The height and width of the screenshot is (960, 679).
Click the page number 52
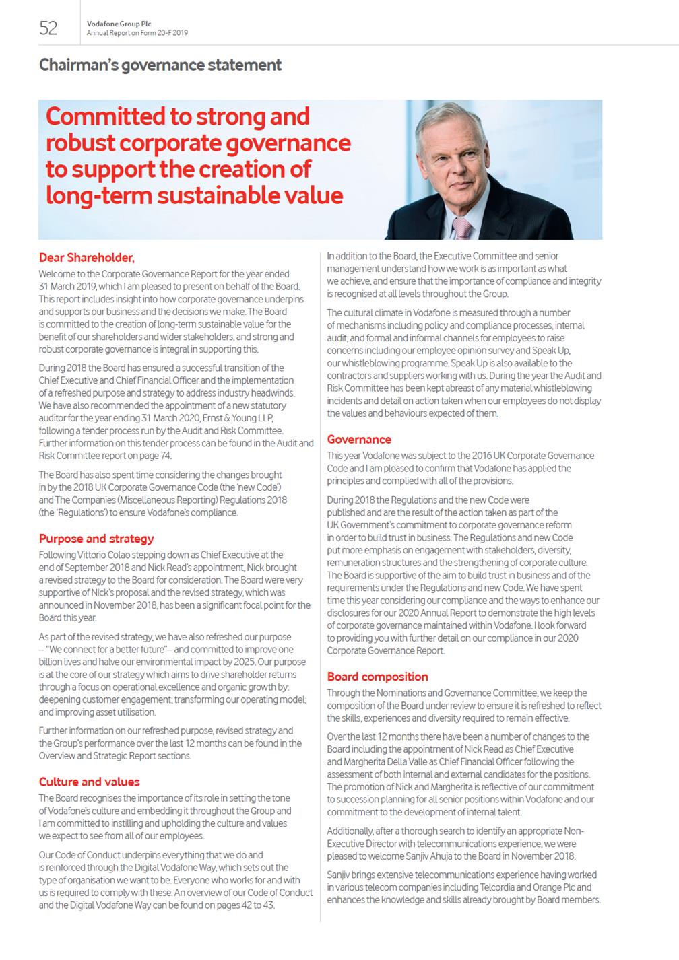(x=48, y=28)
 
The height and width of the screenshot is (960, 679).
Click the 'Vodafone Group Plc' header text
(x=119, y=24)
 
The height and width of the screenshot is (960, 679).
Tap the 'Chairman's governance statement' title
(x=160, y=65)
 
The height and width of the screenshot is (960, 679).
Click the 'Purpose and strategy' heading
(x=96, y=539)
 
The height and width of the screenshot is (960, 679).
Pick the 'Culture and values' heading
(x=90, y=782)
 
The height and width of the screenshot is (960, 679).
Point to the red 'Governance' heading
(x=359, y=440)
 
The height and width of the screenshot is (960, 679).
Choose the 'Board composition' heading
(x=378, y=677)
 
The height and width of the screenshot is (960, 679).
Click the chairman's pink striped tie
(x=462, y=228)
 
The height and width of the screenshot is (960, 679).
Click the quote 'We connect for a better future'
(x=107, y=650)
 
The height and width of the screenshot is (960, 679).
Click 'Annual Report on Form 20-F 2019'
(x=137, y=33)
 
